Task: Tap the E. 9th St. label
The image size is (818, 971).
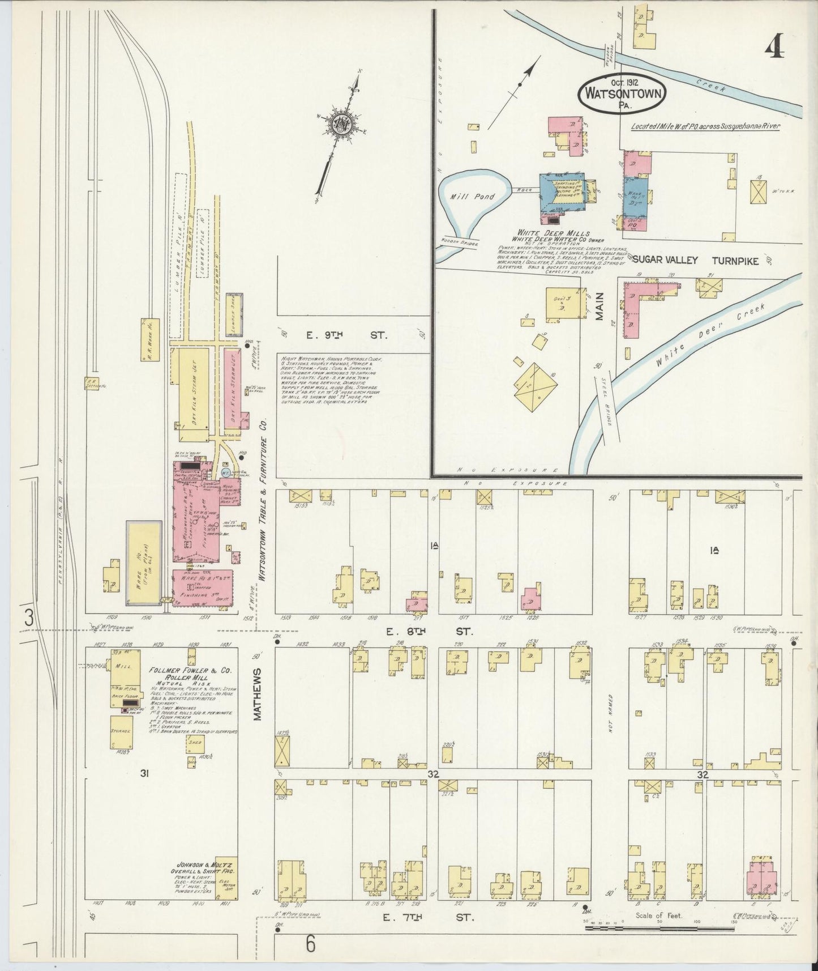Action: point(346,335)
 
